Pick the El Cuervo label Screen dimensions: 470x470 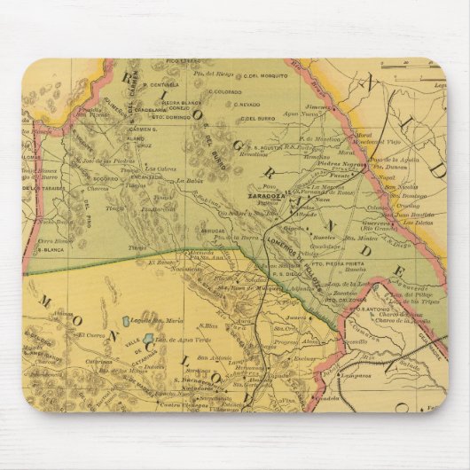pyautogui.click(x=91, y=335)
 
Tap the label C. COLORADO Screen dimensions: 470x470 pyautogui.click(x=223, y=90)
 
